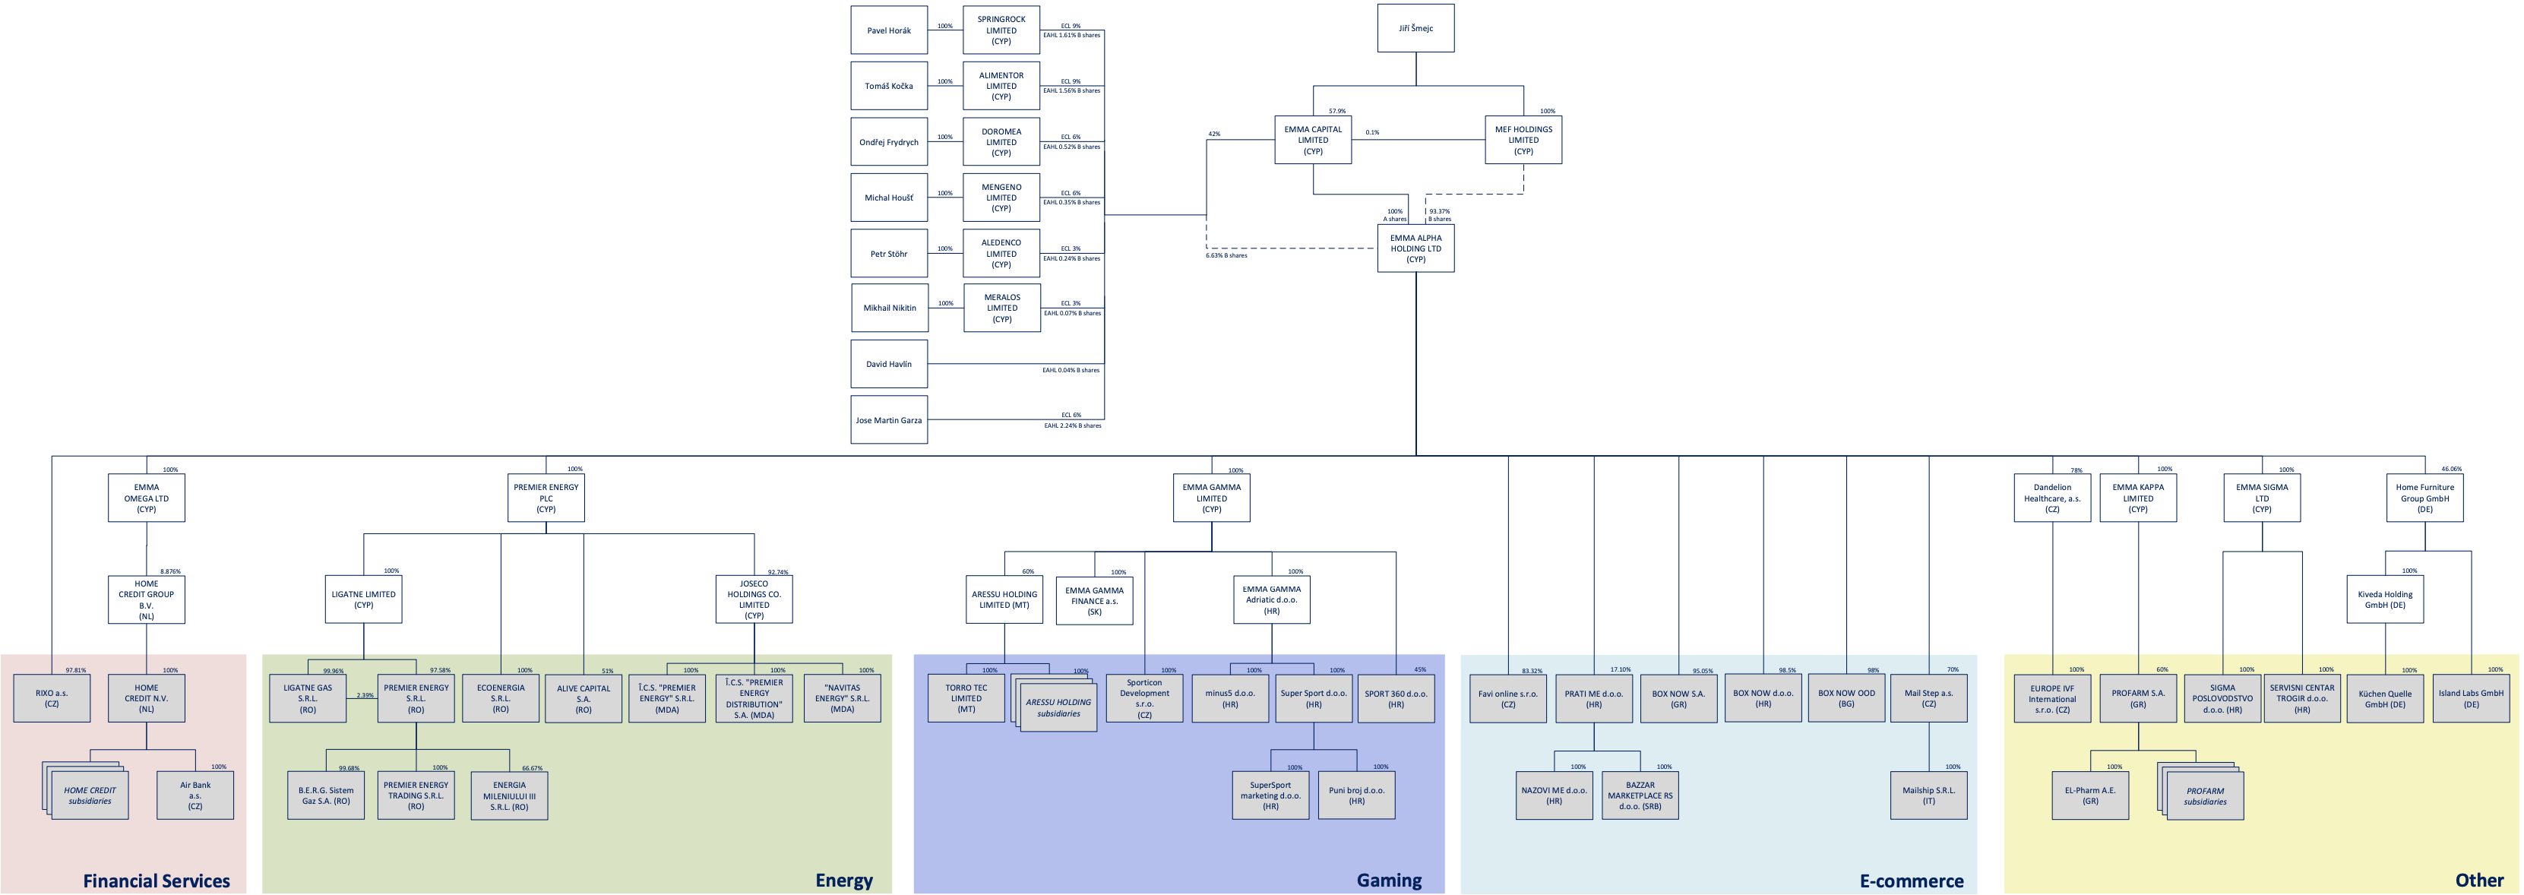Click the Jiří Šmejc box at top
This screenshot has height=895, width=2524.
point(1415,28)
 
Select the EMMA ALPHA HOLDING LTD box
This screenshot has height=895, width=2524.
point(1415,248)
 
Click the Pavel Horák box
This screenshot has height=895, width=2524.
point(889,30)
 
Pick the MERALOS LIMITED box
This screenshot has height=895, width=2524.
point(1001,308)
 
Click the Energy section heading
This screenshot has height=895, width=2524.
point(843,881)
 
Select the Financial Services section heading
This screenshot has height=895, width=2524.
point(156,881)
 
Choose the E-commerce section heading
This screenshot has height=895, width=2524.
point(1911,881)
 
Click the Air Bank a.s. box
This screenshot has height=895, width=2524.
point(195,795)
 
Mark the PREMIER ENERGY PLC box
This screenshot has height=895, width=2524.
point(546,498)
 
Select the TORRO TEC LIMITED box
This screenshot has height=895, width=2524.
point(966,698)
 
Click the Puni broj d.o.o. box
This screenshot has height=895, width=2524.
point(1356,795)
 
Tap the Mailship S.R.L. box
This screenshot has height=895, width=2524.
point(1928,795)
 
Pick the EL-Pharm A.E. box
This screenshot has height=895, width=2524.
point(2090,795)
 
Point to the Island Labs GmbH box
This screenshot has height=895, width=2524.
point(2470,698)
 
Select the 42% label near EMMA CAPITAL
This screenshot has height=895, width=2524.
point(1214,133)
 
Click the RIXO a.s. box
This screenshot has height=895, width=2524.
point(52,698)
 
